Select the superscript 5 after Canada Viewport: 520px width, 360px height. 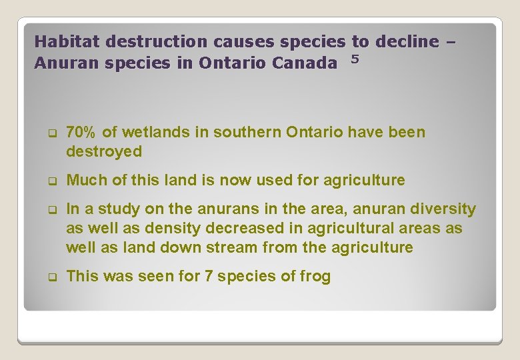(x=355, y=59)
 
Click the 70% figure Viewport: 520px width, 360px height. (x=82, y=132)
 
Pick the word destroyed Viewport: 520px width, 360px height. (x=104, y=151)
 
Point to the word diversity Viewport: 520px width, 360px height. (x=445, y=209)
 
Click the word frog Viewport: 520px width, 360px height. (x=315, y=276)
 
